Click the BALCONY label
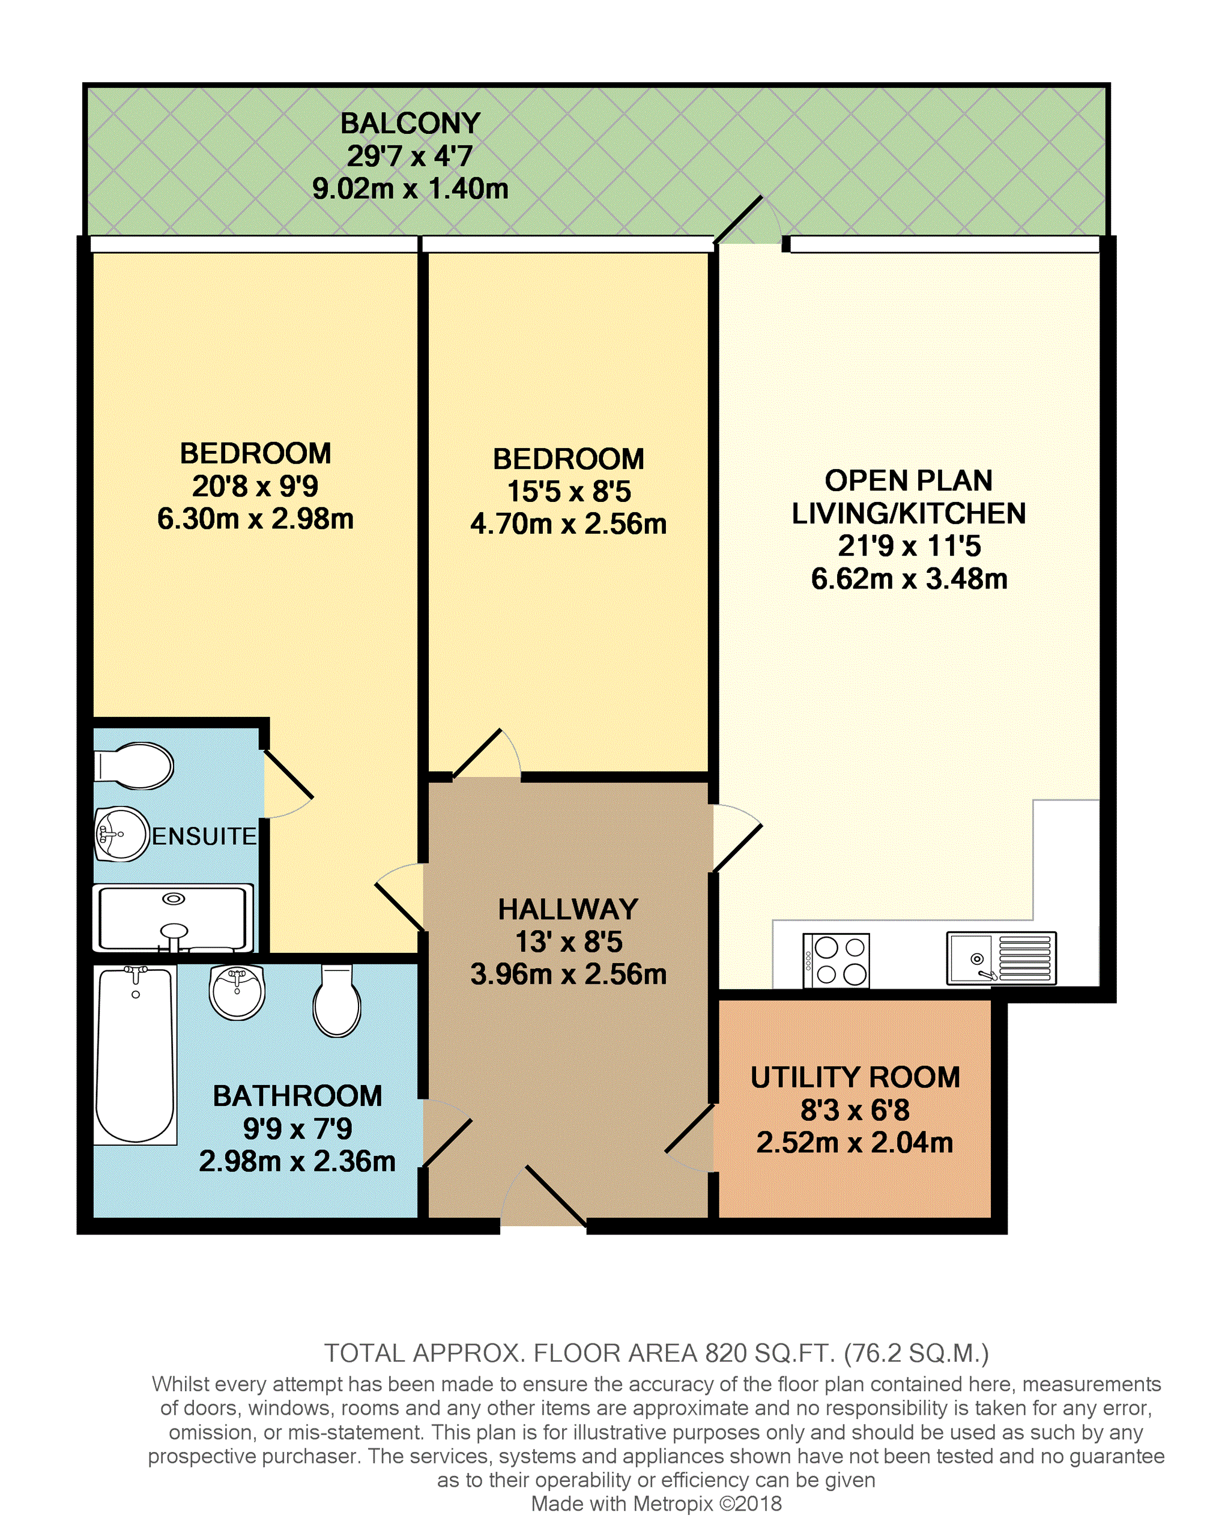(410, 124)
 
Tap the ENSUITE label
(204, 836)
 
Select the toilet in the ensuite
(135, 766)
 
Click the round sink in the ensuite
(121, 834)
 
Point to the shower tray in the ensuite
(172, 918)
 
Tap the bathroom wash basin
(237, 992)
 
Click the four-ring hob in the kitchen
(836, 961)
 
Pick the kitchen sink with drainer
(1001, 958)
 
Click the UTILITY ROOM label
(855, 1077)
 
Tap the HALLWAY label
(567, 909)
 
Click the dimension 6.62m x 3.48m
(909, 579)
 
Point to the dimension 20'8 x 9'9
(255, 486)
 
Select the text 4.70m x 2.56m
(567, 524)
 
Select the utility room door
(690, 1128)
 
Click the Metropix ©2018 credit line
(656, 1504)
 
